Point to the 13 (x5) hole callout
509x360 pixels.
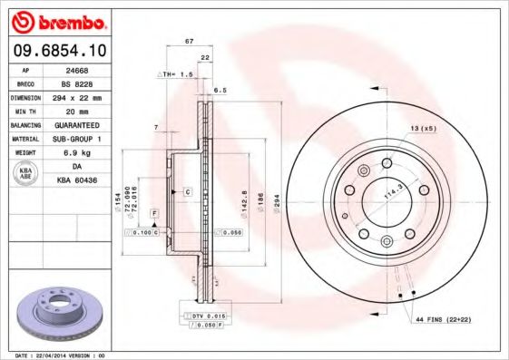point(422,128)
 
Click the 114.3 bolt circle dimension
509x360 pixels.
point(393,192)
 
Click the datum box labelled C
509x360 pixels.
point(187,192)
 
